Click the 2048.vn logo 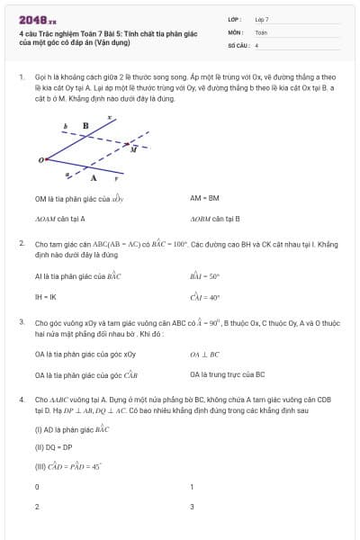pyautogui.click(x=33, y=18)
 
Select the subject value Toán pyautogui.click(x=261, y=31)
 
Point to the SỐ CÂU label pyautogui.click(x=238, y=44)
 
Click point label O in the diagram pyautogui.click(x=40, y=160)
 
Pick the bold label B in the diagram pyautogui.click(x=85, y=126)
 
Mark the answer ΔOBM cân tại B pyautogui.click(x=215, y=219)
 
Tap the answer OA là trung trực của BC pyautogui.click(x=227, y=373)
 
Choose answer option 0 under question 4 pyautogui.click(x=37, y=487)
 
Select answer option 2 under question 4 pyautogui.click(x=37, y=507)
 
